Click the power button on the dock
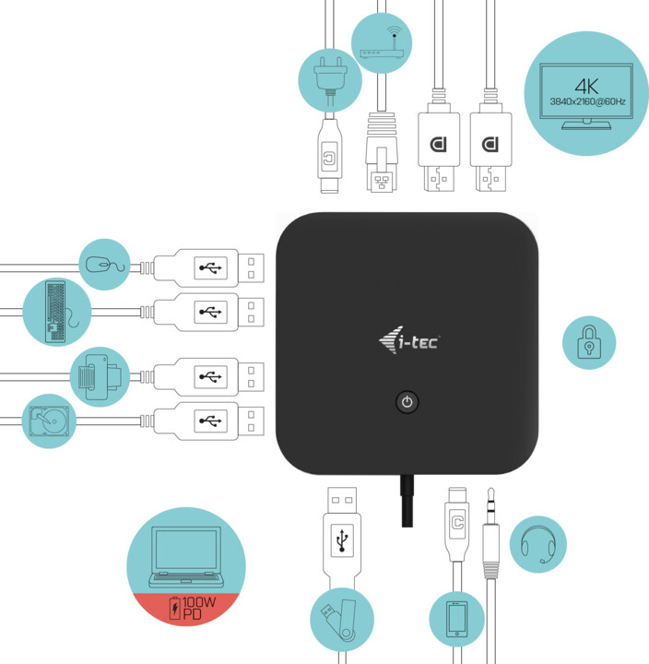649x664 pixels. point(407,402)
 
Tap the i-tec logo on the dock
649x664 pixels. point(409,342)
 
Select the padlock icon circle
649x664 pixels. point(589,343)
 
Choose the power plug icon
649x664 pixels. point(328,81)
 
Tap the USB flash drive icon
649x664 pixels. point(341,619)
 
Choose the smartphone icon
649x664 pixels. point(457,619)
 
